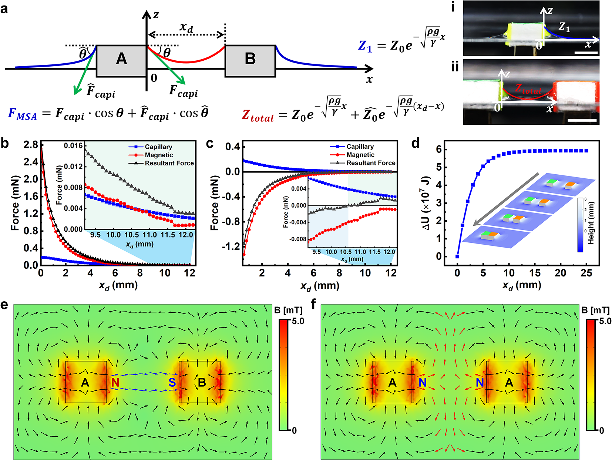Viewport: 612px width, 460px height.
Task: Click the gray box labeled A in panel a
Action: [x=121, y=61]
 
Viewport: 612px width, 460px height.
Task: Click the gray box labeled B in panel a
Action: [x=250, y=61]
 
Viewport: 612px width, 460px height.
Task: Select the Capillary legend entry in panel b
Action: [x=158, y=147]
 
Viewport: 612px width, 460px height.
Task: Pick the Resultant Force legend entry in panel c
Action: [x=370, y=163]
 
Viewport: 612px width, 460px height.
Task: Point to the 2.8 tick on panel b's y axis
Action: [x=31, y=145]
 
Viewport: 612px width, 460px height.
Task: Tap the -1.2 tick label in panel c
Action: [x=231, y=246]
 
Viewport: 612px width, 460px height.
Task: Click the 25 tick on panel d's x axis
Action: [x=586, y=273]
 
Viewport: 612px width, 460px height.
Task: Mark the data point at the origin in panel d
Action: [x=457, y=256]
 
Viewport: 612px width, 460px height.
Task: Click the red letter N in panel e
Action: [x=115, y=382]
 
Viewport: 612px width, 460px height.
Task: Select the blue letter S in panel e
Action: [x=172, y=382]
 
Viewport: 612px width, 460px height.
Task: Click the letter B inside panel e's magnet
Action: [x=202, y=382]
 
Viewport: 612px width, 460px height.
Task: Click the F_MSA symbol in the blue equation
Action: [x=23, y=114]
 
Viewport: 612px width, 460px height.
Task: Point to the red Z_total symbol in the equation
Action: [x=258, y=115]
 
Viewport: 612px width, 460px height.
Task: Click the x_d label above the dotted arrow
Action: [x=186, y=27]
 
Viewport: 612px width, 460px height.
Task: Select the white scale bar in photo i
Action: [x=586, y=53]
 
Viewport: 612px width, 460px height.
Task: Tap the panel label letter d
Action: [x=416, y=143]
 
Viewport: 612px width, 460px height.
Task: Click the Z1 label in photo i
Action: [x=564, y=27]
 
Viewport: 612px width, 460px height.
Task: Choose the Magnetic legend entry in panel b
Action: [x=159, y=155]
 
